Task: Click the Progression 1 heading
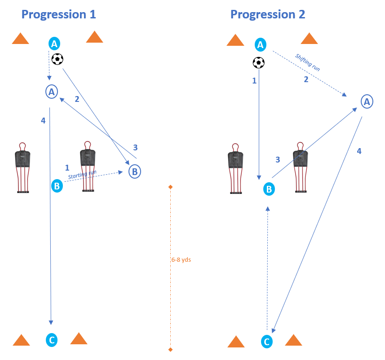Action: click(58, 14)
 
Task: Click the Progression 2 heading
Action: click(268, 14)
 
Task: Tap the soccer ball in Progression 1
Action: click(58, 59)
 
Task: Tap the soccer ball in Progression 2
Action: click(259, 62)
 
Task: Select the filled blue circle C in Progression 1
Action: click(52, 340)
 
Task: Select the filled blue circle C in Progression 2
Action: click(267, 342)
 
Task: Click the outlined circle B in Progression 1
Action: click(135, 171)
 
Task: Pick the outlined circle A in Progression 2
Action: click(367, 102)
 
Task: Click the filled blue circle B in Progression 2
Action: click(269, 189)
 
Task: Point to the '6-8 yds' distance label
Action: click(181, 259)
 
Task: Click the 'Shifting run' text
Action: click(308, 62)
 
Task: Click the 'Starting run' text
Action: click(82, 175)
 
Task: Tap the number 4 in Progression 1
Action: click(43, 120)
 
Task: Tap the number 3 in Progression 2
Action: click(278, 159)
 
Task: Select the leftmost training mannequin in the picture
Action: click(22, 167)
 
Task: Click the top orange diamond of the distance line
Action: click(170, 186)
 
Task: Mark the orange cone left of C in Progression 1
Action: click(21, 340)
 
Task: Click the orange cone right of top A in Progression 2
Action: click(309, 39)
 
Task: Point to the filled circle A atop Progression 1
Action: click(54, 44)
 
